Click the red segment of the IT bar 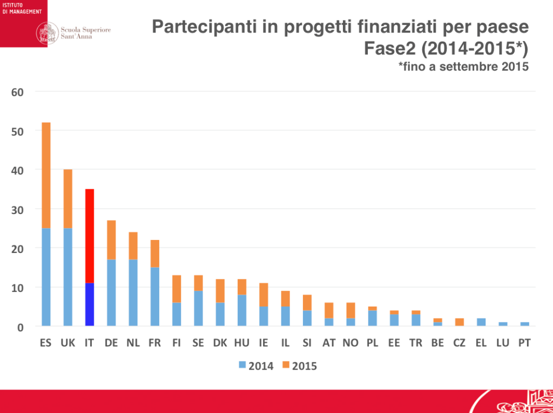[x=90, y=236]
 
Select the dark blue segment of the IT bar [x=90, y=304]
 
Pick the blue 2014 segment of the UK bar [x=68, y=277]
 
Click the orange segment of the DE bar [x=111, y=240]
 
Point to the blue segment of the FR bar [x=155, y=297]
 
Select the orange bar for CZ [x=459, y=322]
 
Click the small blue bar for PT [x=524, y=324]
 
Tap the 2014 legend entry [x=256, y=366]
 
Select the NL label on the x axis [x=133, y=343]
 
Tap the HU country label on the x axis [x=241, y=343]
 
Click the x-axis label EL [x=481, y=343]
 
